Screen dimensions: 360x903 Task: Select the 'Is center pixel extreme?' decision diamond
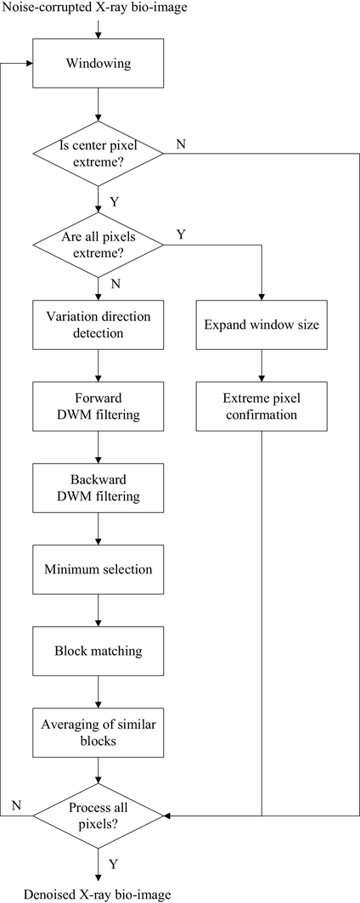click(98, 154)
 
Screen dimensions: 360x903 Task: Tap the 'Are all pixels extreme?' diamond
click(98, 246)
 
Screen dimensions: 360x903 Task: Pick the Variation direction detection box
click(98, 325)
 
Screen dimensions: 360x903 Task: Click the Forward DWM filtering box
click(98, 406)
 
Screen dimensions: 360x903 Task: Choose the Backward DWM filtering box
click(98, 488)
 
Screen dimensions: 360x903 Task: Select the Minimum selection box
click(98, 569)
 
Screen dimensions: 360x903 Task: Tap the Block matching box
click(98, 652)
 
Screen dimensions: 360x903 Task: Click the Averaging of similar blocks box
click(98, 732)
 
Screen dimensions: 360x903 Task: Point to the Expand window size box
click(262, 325)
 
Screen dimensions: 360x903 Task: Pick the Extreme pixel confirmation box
click(262, 406)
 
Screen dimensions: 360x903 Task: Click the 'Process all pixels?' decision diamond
click(98, 816)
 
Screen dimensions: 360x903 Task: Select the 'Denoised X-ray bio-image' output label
click(98, 894)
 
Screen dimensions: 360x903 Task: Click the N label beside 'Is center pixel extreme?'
click(180, 144)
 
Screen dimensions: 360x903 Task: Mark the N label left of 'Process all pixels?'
click(16, 805)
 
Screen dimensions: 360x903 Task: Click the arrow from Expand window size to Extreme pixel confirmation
click(262, 365)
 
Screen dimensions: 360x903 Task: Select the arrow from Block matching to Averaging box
click(98, 691)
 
